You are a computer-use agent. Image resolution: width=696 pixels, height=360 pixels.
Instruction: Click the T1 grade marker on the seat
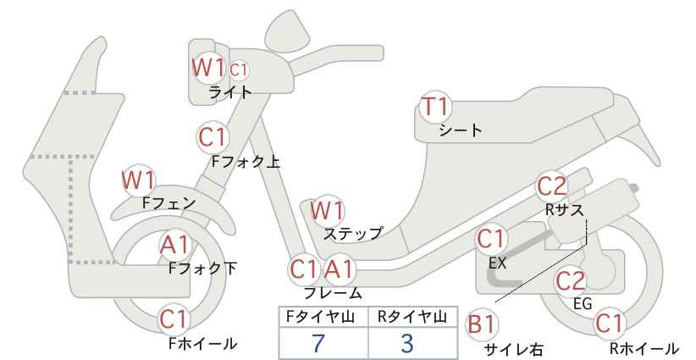point(435,107)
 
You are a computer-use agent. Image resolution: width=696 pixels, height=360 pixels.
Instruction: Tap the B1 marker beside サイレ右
point(482,324)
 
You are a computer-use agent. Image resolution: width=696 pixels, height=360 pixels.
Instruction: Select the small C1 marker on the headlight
point(239,70)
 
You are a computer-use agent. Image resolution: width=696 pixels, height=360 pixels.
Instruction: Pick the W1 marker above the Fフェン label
point(138,180)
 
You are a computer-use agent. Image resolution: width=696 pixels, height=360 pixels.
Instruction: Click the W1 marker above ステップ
point(327,210)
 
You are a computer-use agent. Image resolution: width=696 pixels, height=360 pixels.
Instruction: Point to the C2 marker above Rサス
point(552,186)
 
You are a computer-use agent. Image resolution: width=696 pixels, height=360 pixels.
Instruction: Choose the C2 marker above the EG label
point(571,281)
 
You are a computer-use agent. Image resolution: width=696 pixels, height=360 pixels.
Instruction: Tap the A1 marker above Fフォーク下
point(175,245)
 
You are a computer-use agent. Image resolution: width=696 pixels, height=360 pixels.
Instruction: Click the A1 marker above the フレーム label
point(340,269)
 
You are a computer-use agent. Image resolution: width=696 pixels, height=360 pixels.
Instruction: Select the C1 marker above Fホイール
point(175,319)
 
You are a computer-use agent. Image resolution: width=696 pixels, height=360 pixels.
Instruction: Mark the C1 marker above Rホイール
point(610,324)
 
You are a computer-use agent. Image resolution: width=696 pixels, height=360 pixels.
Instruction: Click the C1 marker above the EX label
point(490,239)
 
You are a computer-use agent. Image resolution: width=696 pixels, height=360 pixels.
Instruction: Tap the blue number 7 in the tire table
point(318,343)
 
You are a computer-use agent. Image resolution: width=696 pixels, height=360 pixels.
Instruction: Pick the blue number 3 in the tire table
point(406,343)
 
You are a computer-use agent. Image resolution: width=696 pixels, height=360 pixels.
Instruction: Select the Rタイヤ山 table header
point(412,317)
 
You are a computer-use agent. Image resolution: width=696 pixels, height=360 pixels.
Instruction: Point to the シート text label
point(461,130)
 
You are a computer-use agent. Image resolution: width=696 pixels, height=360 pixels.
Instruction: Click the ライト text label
point(230,91)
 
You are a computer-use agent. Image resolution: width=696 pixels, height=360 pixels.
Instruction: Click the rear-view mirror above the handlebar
point(287,27)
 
